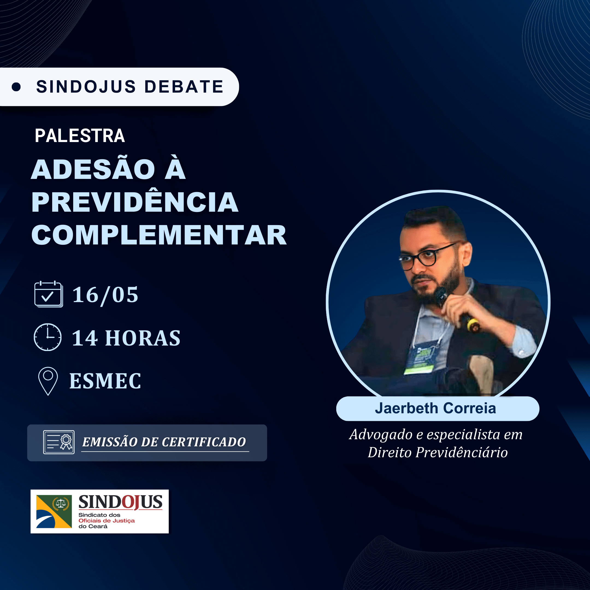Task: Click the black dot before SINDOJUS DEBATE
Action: pyautogui.click(x=16, y=87)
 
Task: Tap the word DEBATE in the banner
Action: pyautogui.click(x=184, y=87)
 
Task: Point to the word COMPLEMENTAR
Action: pyautogui.click(x=159, y=235)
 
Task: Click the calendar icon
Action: pyautogui.click(x=49, y=294)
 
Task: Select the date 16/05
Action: pyautogui.click(x=105, y=295)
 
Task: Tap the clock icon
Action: pyautogui.click(x=48, y=337)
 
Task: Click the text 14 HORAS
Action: pyautogui.click(x=126, y=338)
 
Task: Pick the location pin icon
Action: pyautogui.click(x=48, y=381)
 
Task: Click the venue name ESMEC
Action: pyautogui.click(x=105, y=381)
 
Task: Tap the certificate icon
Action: pyautogui.click(x=59, y=442)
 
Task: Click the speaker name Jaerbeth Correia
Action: pyautogui.click(x=435, y=408)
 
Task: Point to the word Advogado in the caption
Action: pyautogui.click(x=381, y=435)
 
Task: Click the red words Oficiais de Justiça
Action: pyautogui.click(x=107, y=521)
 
